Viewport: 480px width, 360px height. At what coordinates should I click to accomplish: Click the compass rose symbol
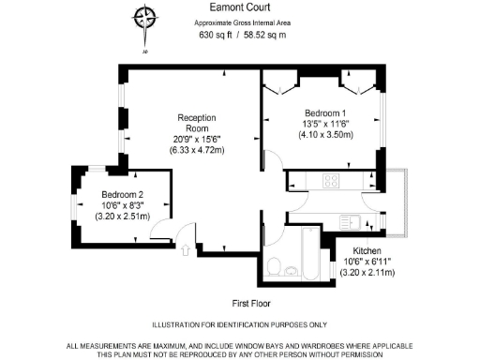point(144,18)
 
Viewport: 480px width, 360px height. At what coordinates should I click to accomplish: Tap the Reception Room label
point(198,124)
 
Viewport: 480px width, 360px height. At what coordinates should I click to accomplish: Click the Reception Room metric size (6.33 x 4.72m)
point(198,150)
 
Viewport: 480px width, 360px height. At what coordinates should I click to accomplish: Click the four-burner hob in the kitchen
point(332,180)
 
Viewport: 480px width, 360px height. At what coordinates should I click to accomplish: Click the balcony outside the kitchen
point(400,202)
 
